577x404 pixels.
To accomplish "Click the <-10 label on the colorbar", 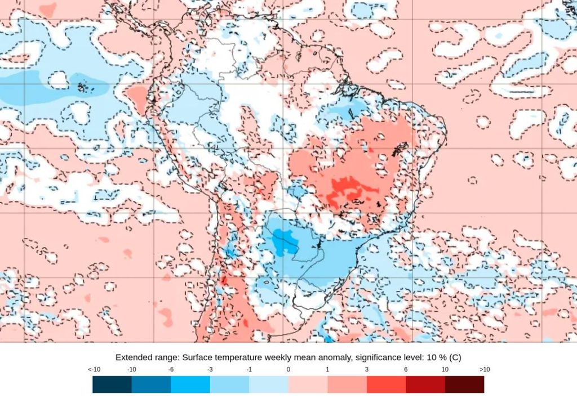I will (94, 370).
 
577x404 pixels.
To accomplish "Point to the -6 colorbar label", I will (171, 370).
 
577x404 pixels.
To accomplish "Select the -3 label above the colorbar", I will (210, 370).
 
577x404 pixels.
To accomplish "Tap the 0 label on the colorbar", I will (288, 370).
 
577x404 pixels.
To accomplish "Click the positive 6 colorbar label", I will (406, 370).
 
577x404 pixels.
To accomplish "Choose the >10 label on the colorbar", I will (483, 370).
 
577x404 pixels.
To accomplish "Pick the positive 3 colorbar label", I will (367, 370).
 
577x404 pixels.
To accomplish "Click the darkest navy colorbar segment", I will (112, 384).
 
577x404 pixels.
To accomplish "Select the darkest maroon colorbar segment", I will (464, 384).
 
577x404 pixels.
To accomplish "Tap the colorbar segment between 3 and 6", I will (386, 384).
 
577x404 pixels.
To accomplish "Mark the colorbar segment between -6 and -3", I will (190, 384).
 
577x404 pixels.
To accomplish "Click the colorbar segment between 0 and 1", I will (308, 384).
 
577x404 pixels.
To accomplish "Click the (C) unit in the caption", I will (455, 357).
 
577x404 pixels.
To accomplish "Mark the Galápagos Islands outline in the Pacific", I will (83, 87).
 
